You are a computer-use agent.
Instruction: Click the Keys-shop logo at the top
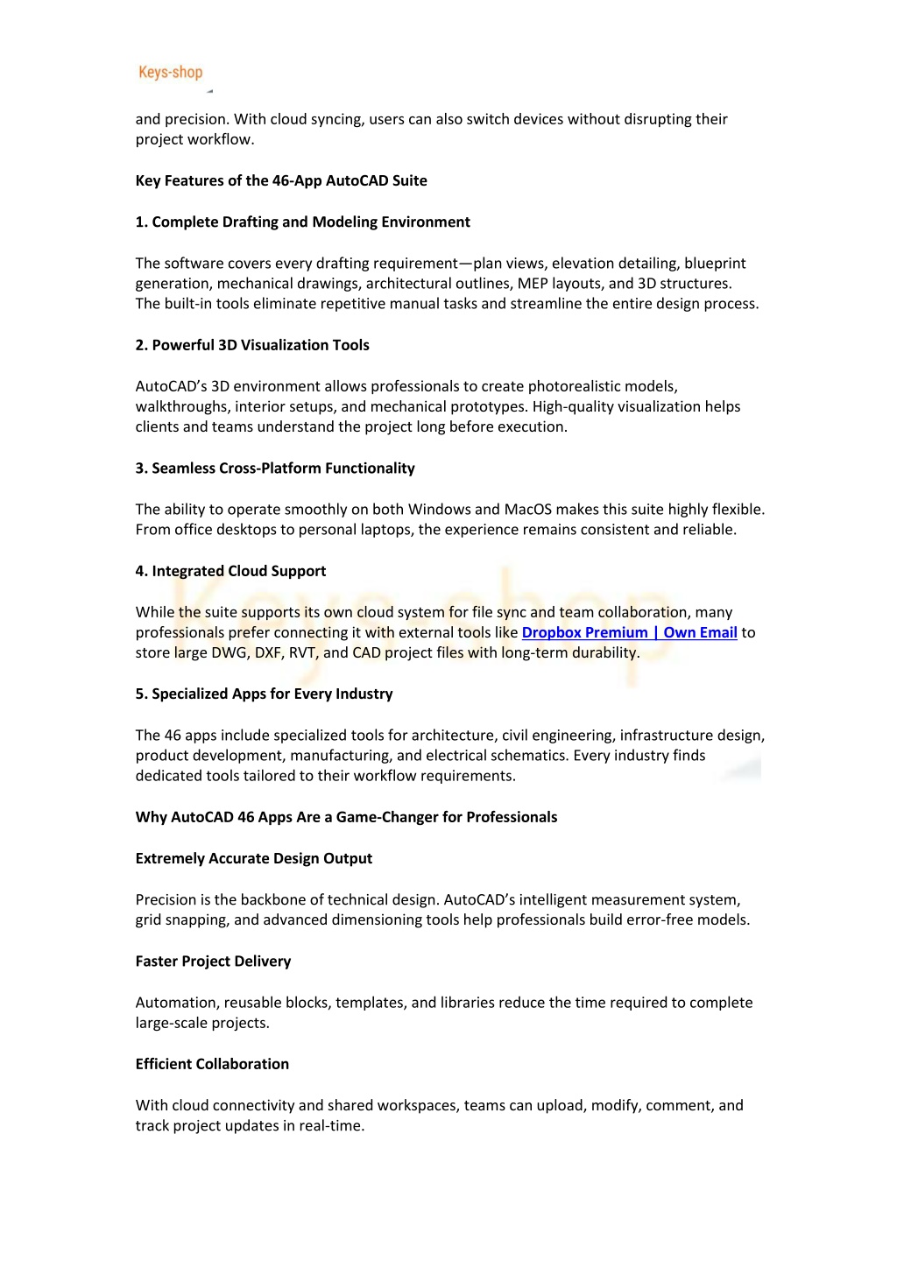(x=171, y=73)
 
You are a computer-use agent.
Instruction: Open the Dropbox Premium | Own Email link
(x=629, y=632)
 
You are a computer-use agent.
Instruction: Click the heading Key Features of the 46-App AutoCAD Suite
(x=281, y=180)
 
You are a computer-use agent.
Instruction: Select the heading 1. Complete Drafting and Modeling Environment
(x=302, y=222)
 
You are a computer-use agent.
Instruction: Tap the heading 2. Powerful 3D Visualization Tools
(x=252, y=345)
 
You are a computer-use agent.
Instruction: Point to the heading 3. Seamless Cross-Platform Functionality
(x=275, y=468)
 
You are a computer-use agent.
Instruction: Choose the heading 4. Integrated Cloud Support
(x=230, y=571)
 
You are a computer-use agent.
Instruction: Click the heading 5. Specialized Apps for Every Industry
(x=264, y=694)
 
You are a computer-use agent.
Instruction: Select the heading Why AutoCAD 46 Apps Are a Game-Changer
(x=346, y=817)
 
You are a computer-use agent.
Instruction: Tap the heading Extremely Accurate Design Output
(x=254, y=858)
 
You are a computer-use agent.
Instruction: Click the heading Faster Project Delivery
(x=213, y=961)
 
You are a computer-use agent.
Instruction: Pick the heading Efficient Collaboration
(x=212, y=1064)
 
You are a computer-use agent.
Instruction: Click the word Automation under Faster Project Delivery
(x=176, y=1002)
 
